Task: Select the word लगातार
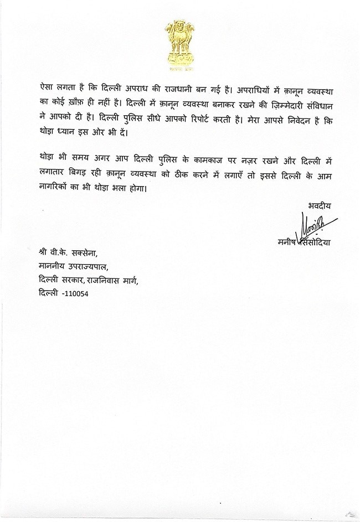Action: pyautogui.click(x=53, y=174)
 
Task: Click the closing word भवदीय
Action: pyautogui.click(x=320, y=207)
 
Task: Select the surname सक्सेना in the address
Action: pyautogui.click(x=80, y=254)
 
